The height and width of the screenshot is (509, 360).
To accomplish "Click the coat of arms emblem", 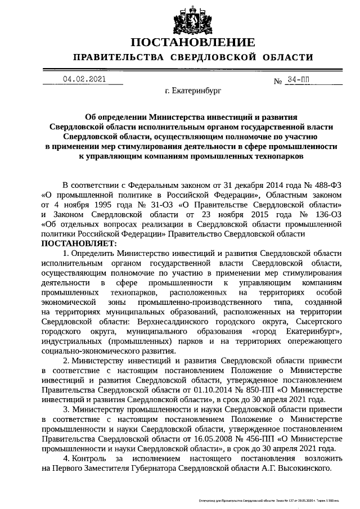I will [193, 21].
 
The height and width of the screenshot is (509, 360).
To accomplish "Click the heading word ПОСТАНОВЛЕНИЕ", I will [193, 43].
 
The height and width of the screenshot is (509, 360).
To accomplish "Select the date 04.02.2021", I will [84, 79].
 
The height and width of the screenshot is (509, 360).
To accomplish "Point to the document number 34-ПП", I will [298, 80].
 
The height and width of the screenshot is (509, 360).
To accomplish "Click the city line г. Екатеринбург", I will [193, 90].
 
